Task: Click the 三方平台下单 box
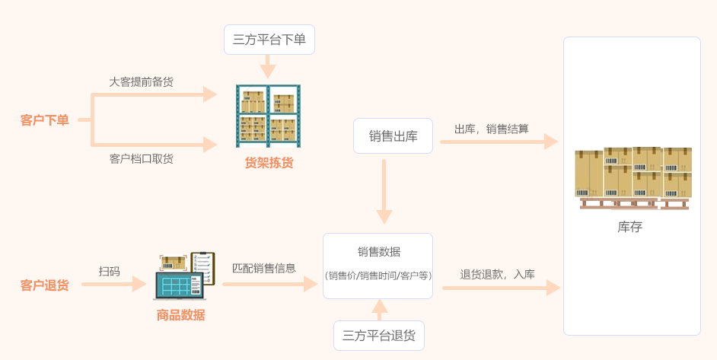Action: pos(269,40)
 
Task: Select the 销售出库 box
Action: pos(393,136)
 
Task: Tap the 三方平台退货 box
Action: pos(378,336)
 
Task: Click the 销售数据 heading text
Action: pos(378,252)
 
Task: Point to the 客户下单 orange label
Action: pos(44,120)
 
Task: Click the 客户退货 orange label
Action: pos(44,285)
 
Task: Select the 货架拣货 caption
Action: pos(269,163)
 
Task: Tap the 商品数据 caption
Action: pos(180,315)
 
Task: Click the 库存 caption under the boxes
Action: pos(630,227)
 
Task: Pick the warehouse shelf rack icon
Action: pos(268,116)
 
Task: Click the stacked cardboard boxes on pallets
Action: pos(633,177)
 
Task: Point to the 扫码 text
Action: pos(109,271)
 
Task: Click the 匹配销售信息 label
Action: pos(263,268)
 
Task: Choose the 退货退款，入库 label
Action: pos(497,274)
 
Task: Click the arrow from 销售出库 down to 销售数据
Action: pos(384,190)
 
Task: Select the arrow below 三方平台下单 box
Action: pos(268,66)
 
